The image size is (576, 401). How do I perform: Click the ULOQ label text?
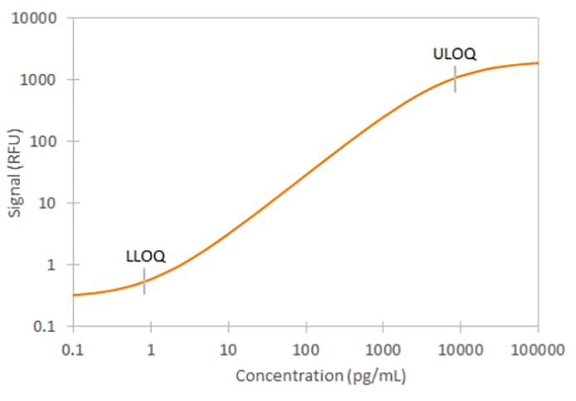455,55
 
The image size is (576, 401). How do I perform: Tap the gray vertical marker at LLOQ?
144,281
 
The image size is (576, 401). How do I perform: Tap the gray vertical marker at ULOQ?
455,80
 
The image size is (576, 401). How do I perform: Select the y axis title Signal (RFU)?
16,172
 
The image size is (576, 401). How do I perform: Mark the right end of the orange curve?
537,63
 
